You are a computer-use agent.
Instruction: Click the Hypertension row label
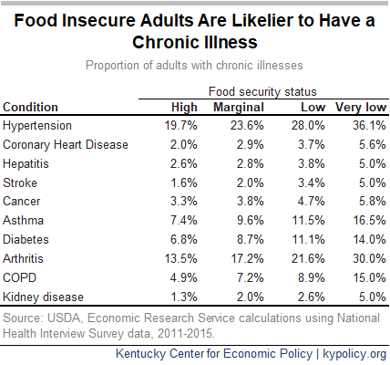tap(37, 126)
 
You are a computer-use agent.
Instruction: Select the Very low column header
tap(361, 108)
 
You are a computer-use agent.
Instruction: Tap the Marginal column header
tap(239, 108)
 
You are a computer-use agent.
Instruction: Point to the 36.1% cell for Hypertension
tap(369, 125)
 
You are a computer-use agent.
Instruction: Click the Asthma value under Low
tap(308, 220)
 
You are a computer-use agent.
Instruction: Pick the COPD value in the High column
tap(183, 277)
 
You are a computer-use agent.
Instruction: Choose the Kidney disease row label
tap(43, 297)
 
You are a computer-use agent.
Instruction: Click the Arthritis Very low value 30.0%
tap(369, 258)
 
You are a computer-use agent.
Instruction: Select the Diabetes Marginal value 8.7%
tap(251, 239)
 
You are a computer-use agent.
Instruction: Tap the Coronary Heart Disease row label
tap(66, 145)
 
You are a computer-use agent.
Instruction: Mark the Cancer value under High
tap(183, 201)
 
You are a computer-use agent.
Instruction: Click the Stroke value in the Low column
tap(312, 182)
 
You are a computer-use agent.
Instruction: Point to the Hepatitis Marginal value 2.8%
tap(251, 163)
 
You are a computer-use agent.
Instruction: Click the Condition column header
tap(30, 108)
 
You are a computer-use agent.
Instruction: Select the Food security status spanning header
tap(262, 91)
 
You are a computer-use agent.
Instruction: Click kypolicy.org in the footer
tap(354, 354)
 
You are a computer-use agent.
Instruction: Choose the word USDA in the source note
tap(64, 318)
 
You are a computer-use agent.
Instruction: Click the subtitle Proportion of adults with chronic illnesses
tap(194, 66)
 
